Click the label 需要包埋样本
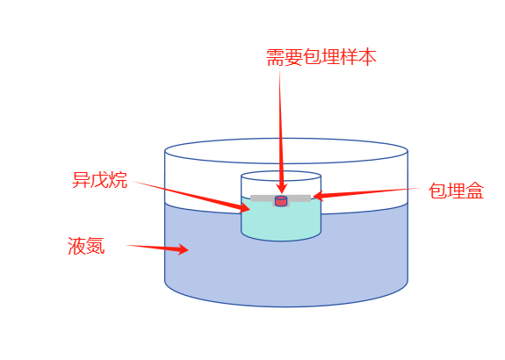tap(321, 58)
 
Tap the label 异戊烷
tap(100, 180)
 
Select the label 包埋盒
tap(456, 191)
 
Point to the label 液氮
tap(86, 246)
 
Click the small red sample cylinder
tap(281, 201)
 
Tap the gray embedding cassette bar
tap(280, 198)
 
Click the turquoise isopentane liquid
tap(281, 222)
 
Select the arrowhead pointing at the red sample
tap(282, 189)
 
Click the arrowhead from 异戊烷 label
tap(244, 207)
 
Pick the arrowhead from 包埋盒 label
tap(318, 196)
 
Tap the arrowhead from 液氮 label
tap(184, 249)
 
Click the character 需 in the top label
tap(276, 58)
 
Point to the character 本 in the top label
tap(367, 58)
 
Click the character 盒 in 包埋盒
tap(475, 191)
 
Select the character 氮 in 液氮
tap(96, 246)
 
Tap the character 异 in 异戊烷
tap(82, 180)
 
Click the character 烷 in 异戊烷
tap(119, 180)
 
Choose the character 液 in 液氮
tap(77, 246)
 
